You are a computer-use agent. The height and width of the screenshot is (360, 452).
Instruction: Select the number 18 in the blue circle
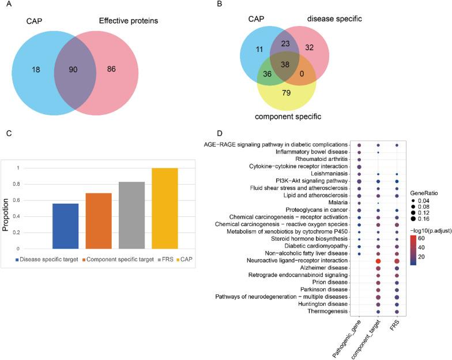36,69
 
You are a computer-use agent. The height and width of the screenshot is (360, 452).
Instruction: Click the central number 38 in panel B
285,65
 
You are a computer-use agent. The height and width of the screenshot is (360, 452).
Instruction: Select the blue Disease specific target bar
65,226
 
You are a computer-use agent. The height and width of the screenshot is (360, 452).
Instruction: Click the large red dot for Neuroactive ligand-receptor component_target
378,261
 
